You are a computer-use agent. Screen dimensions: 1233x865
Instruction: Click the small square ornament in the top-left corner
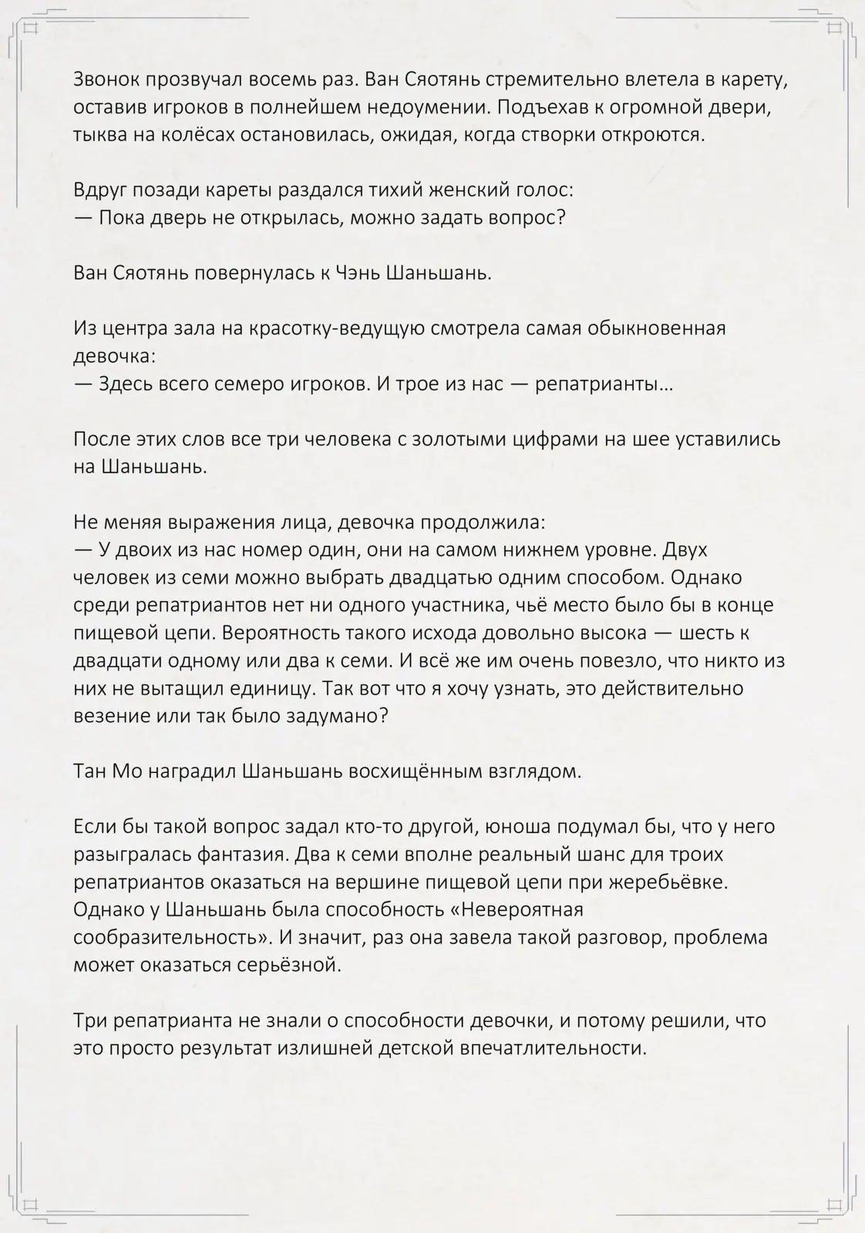point(30,29)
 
